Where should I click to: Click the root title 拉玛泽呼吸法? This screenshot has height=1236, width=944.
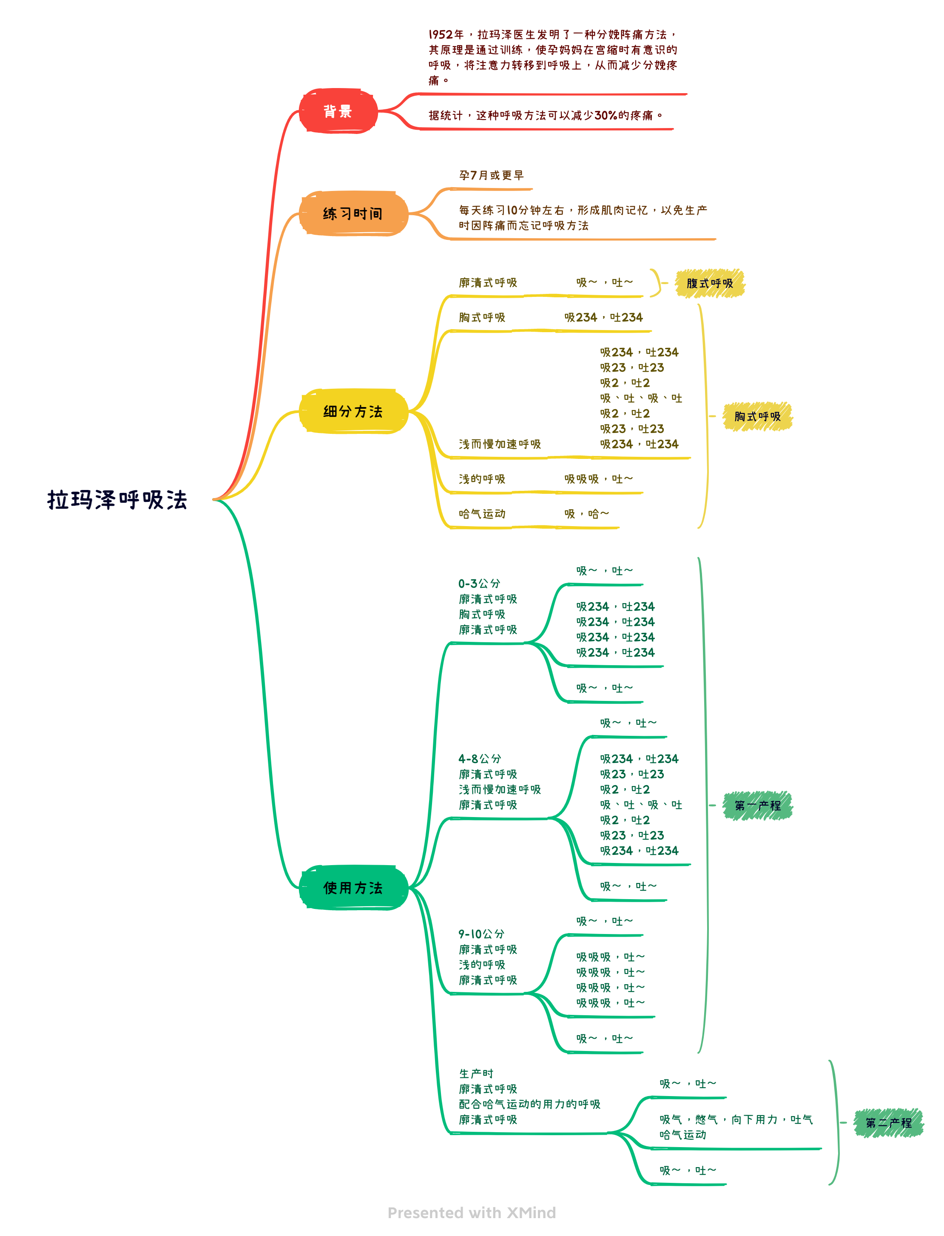coord(117,499)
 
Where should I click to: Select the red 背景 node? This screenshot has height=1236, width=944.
coord(338,111)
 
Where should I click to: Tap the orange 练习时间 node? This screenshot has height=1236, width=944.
coord(353,214)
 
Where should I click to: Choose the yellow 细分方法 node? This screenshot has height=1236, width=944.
coord(353,411)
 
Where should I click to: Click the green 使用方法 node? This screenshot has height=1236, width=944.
coord(353,888)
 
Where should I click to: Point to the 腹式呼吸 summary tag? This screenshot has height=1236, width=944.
coord(710,283)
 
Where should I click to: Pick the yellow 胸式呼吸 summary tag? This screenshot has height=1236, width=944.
coord(757,416)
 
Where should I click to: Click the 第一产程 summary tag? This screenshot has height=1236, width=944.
coord(757,806)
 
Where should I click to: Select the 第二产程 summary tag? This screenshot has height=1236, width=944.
coord(888,1122)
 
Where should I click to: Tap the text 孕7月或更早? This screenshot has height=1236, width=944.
coord(491,175)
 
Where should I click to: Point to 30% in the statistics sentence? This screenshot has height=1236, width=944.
coord(606,115)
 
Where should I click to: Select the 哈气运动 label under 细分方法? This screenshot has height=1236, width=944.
coord(482,514)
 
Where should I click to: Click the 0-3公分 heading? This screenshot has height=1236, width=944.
coord(479,584)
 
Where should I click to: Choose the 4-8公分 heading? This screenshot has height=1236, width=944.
coord(479,759)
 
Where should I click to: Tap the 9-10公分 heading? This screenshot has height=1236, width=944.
coord(481,934)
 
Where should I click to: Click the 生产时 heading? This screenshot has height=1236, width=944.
coord(476,1074)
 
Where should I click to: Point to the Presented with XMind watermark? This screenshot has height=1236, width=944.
coord(472,1212)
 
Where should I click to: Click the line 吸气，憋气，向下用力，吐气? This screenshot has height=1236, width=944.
coord(736,1119)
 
